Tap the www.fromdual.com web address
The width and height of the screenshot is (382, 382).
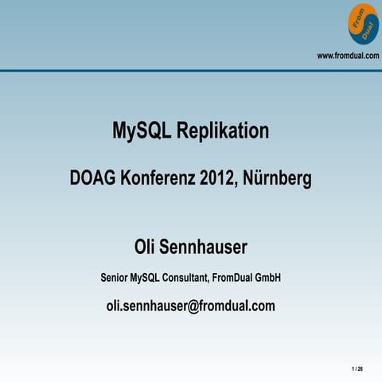(x=348, y=55)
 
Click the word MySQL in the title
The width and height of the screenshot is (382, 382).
(x=141, y=131)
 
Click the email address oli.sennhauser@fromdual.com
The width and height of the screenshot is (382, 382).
(x=190, y=306)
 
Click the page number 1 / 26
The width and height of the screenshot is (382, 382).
(x=357, y=369)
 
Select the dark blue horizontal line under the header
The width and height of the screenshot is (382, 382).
(x=191, y=70)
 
